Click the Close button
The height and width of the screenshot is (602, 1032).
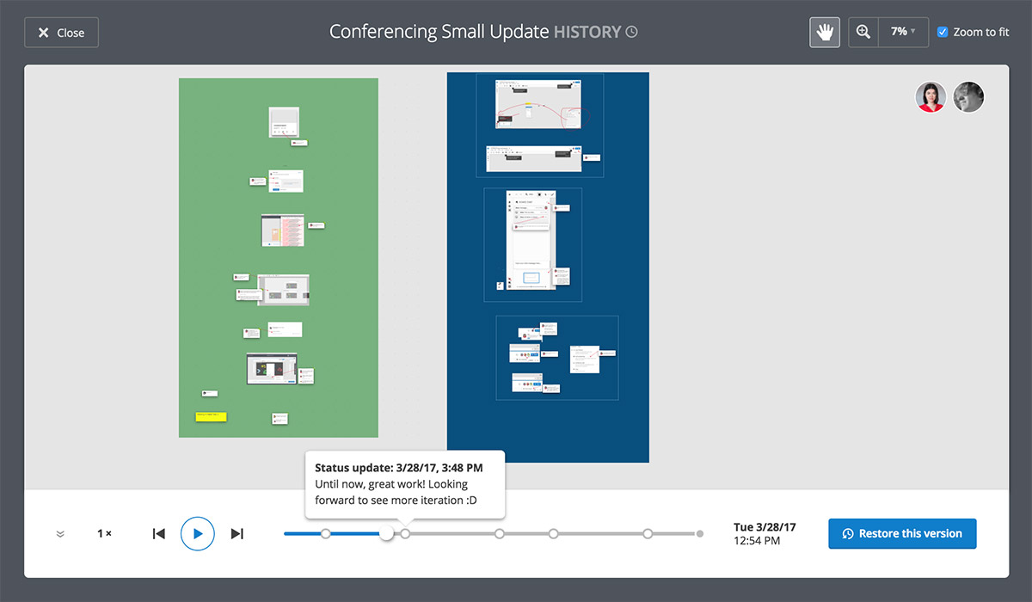click(61, 33)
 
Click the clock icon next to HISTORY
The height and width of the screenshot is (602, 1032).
click(632, 33)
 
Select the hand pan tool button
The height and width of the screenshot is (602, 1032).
click(825, 32)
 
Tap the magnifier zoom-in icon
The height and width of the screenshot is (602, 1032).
click(863, 32)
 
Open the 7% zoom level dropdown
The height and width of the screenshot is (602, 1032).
click(903, 32)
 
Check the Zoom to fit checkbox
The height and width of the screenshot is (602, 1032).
click(943, 32)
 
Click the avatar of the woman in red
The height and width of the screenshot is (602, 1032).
click(931, 97)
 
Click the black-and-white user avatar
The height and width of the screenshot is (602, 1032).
click(968, 97)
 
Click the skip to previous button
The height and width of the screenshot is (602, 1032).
click(158, 534)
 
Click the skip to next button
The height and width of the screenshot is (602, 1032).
click(237, 534)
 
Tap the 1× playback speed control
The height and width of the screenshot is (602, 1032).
click(104, 534)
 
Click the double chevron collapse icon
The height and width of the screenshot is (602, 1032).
click(60, 534)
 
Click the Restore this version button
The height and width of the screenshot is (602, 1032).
click(902, 533)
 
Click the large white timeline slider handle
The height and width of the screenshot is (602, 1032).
click(387, 534)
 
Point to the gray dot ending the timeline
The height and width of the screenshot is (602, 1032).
click(700, 534)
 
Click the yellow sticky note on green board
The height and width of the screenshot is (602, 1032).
click(211, 416)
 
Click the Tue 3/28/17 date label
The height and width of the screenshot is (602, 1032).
click(765, 527)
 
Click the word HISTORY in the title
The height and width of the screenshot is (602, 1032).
click(587, 33)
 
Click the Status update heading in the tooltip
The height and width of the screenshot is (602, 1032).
click(398, 468)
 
